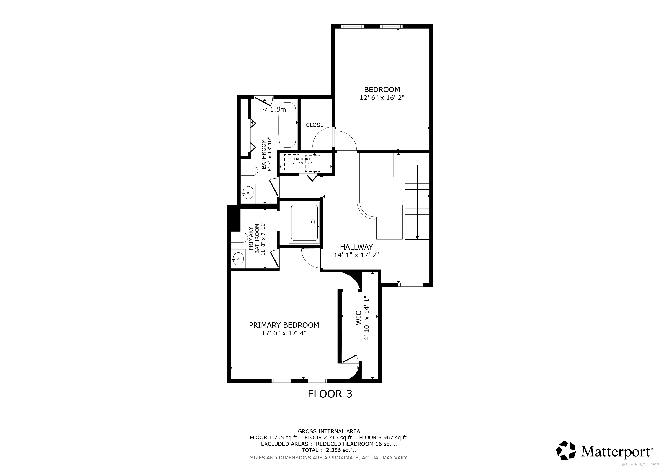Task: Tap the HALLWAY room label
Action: pyautogui.click(x=356, y=247)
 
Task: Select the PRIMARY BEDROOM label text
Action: pyautogui.click(x=284, y=325)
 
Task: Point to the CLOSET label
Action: pyautogui.click(x=316, y=125)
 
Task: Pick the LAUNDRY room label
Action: pyautogui.click(x=302, y=159)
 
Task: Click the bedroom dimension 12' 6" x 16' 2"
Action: pyautogui.click(x=382, y=98)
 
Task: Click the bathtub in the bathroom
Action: pyautogui.click(x=287, y=125)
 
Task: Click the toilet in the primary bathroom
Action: pyautogui.click(x=239, y=238)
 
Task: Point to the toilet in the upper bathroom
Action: pyautogui.click(x=249, y=171)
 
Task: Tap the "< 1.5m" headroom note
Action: pyautogui.click(x=275, y=109)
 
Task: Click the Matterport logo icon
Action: pyautogui.click(x=566, y=450)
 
